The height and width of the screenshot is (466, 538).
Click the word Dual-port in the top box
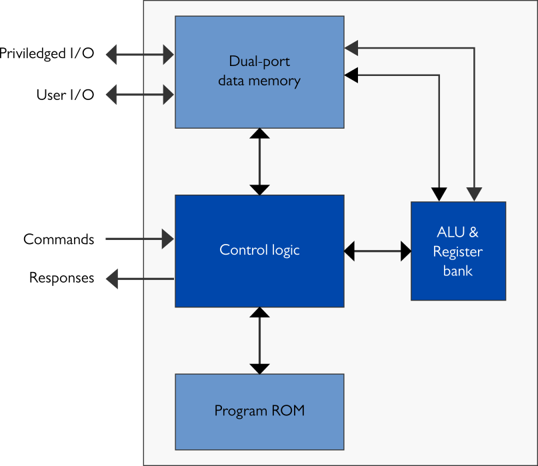point(259,62)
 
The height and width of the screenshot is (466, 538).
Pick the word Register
point(457,252)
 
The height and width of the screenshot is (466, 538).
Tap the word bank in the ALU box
point(457,271)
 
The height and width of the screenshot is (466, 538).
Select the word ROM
point(289,411)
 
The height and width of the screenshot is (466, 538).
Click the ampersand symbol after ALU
point(473,233)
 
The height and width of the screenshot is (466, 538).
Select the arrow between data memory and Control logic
point(259,161)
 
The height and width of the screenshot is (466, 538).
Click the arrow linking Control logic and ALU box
point(377,251)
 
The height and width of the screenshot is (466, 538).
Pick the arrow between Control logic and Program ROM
point(259,340)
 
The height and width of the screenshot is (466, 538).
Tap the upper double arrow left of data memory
point(140,55)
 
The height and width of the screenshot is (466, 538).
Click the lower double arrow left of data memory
point(140,95)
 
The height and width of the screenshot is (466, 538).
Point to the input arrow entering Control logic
point(140,238)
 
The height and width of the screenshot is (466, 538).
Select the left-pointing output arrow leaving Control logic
point(140,278)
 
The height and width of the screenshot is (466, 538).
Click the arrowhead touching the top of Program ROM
point(259,368)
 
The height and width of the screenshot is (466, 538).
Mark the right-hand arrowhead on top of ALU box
point(474,195)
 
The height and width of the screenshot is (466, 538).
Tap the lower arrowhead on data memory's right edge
point(351,75)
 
